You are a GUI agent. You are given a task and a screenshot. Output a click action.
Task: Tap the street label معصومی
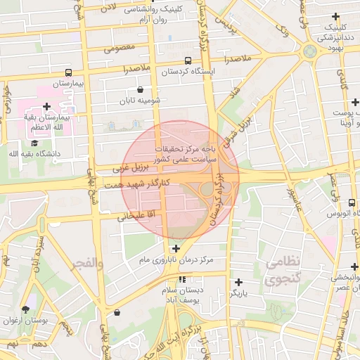tap(120, 49)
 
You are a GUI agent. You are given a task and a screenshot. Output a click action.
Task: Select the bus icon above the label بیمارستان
tap(68, 72)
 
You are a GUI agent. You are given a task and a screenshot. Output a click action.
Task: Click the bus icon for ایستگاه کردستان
tap(188, 60)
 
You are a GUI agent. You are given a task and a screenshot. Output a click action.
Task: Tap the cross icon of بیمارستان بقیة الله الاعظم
tap(47, 106)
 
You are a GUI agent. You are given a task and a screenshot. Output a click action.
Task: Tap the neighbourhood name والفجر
tap(87, 263)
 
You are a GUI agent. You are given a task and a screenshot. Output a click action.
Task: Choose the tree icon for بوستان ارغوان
tap(26, 309)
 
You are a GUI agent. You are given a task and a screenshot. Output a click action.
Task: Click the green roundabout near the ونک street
tap(309, 51)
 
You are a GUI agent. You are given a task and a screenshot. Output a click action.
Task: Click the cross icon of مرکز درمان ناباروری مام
tap(175, 248)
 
